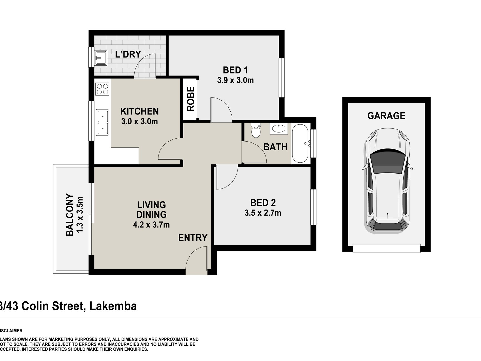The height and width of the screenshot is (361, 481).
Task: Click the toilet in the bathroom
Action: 256,130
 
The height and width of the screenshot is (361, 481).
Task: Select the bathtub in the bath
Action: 300,143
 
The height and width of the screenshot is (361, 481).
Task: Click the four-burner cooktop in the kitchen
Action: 102,89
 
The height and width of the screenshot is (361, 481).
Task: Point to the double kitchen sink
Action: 102,123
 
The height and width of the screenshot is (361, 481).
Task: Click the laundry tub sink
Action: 101,58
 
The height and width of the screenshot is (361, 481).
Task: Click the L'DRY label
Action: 128,54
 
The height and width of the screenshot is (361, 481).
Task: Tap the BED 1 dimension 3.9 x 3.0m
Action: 235,80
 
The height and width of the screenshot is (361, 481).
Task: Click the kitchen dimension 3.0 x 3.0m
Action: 139,121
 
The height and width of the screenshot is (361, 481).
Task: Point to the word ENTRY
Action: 193,238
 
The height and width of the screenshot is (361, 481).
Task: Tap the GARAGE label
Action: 386,116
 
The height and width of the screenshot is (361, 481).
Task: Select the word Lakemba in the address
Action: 113,306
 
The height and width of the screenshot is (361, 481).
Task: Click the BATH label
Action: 275,147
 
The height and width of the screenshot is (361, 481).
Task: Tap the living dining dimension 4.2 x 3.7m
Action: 151,224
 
